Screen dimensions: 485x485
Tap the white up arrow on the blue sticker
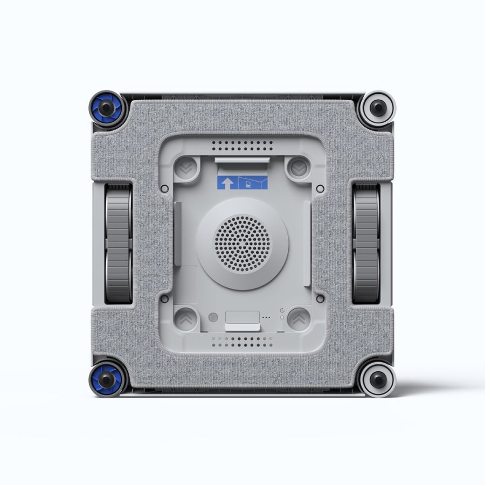point(227,183)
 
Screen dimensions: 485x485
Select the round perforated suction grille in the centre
point(242,244)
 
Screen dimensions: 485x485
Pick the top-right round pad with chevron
point(296,168)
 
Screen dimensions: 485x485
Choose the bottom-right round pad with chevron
point(296,318)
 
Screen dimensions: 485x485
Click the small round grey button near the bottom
point(213,318)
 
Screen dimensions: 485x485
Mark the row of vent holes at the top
point(242,145)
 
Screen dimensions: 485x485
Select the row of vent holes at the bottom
point(242,341)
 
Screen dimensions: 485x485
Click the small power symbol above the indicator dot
point(282,310)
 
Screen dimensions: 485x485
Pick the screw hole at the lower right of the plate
point(321,298)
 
